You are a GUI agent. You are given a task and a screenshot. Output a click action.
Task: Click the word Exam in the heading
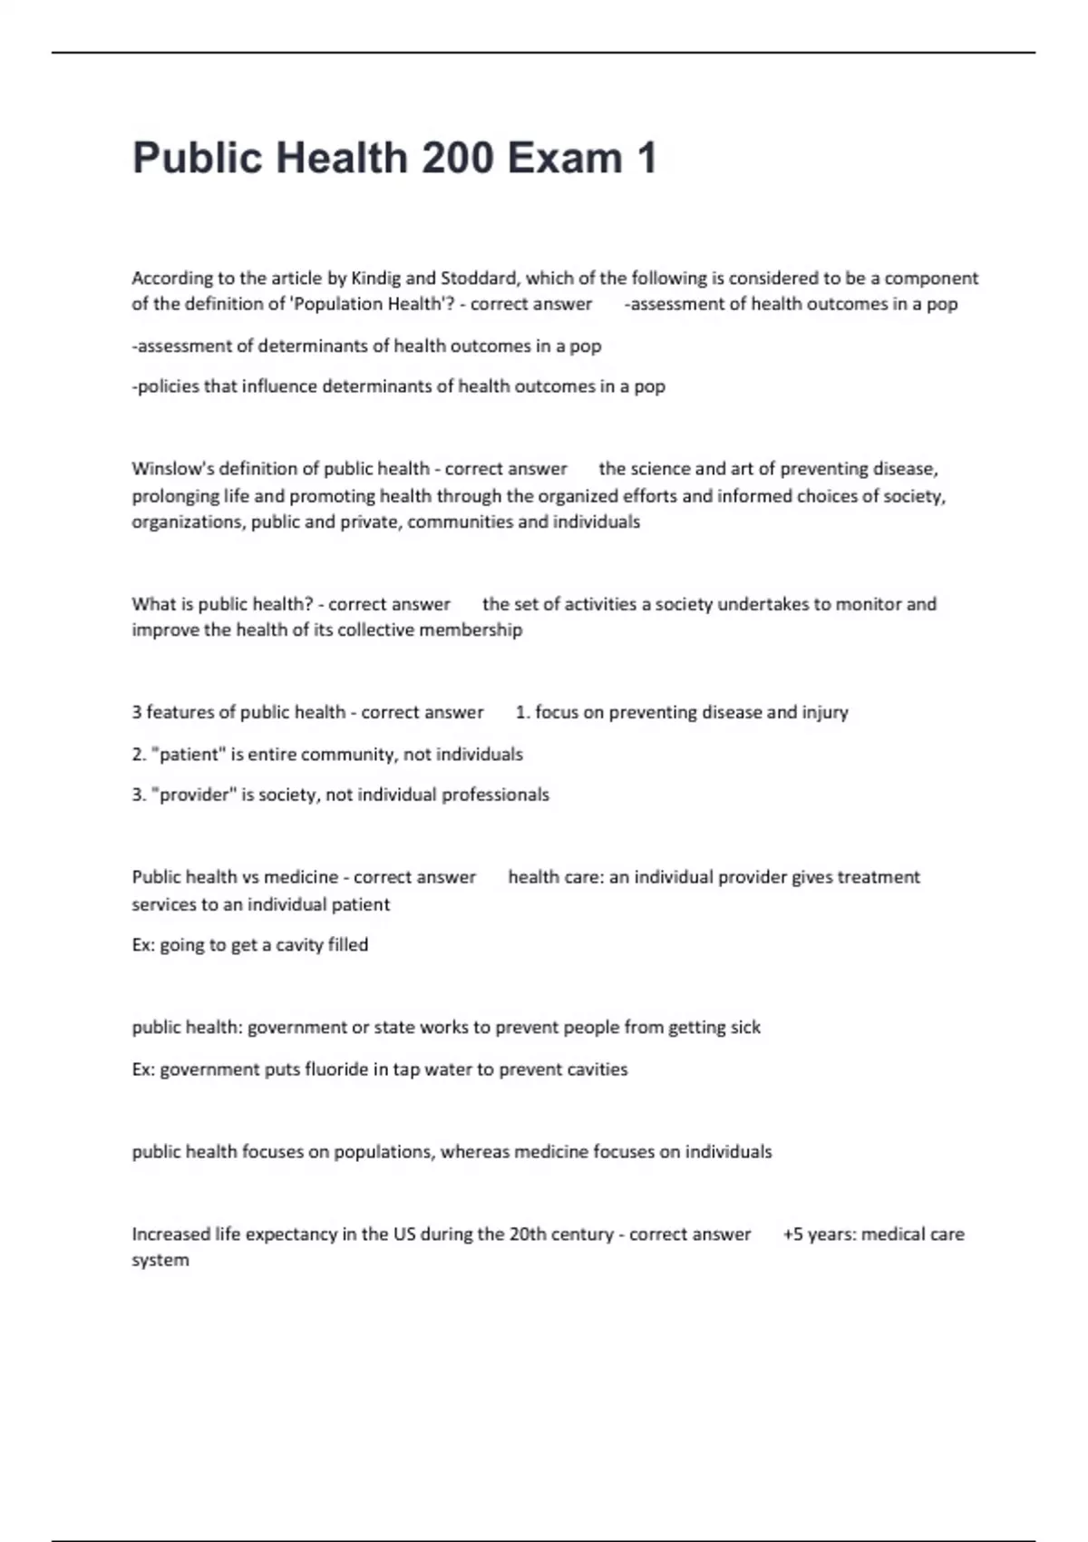[564, 158]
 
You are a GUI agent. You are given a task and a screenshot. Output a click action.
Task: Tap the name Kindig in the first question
[375, 278]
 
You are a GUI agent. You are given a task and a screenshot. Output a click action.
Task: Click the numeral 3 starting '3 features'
[137, 713]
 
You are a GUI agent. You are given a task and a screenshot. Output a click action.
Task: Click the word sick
[746, 1028]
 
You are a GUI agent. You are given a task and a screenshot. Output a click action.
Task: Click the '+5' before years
[792, 1235]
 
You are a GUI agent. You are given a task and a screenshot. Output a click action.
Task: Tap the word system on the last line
[160, 1261]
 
